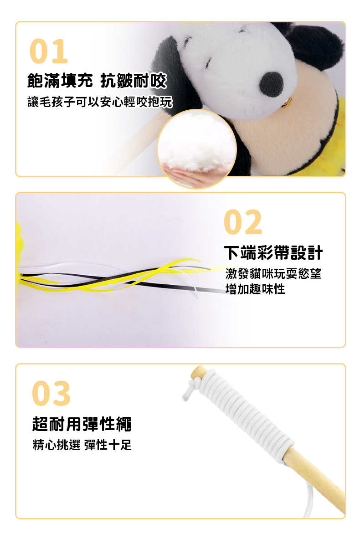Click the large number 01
48,51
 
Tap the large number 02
243,221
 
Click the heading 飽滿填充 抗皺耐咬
97,80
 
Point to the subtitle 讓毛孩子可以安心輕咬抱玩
100,102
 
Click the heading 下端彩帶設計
273,252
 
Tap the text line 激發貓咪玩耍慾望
273,273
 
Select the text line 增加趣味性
255,289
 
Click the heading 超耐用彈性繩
82,424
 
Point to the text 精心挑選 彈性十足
82,445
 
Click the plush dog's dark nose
271,85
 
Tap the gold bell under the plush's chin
287,102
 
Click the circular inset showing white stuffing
196,149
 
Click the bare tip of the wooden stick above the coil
198,372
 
